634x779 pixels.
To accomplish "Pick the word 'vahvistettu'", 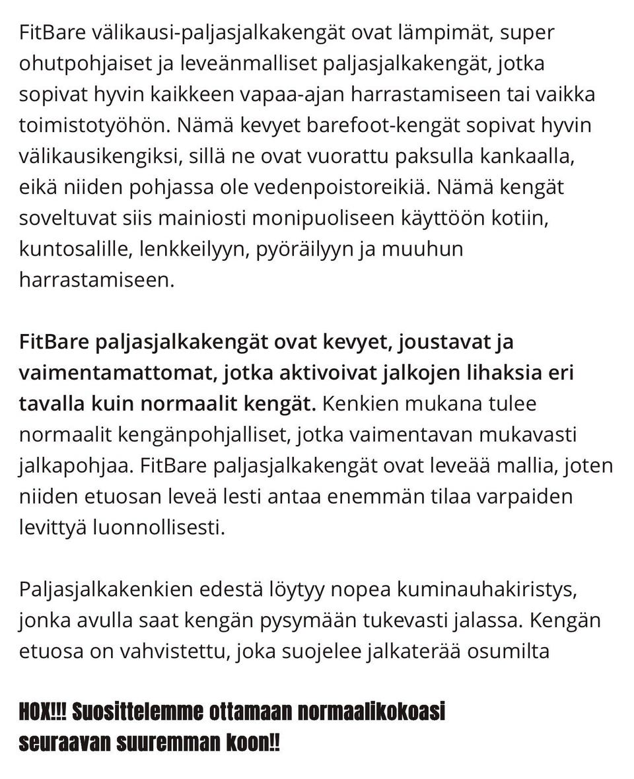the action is pyautogui.click(x=182, y=652).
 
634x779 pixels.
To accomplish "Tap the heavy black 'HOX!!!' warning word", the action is pyautogui.click(x=42, y=714).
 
